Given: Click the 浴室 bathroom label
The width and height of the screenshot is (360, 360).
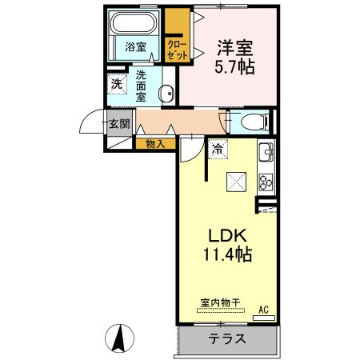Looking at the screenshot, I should click(135, 47).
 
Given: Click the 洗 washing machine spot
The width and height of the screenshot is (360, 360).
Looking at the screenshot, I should click(117, 83).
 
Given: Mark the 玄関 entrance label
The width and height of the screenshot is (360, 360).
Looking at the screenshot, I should click(119, 123).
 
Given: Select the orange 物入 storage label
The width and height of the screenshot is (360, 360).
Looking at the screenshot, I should click(156, 144).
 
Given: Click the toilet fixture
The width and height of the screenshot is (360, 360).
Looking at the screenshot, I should click(251, 122).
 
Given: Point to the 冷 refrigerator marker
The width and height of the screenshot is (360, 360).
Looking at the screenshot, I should click(218, 149).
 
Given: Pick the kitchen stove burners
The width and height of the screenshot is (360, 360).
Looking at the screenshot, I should click(266, 182).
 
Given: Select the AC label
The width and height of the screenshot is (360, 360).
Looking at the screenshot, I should click(263, 310).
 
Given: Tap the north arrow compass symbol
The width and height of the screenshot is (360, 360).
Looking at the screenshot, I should click(120, 338).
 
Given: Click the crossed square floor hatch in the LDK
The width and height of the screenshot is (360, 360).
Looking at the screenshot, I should click(237, 182).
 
